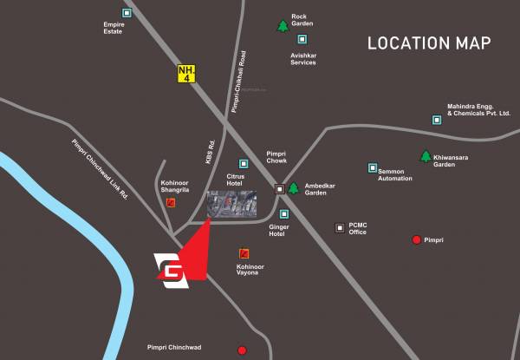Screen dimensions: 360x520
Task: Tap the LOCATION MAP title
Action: pos(429,43)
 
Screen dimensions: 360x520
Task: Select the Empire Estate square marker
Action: pos(127,13)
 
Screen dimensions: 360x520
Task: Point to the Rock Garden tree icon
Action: pos(283,26)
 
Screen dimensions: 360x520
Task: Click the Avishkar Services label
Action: pos(303,57)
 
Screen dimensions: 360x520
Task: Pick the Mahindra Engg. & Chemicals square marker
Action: pos(438,120)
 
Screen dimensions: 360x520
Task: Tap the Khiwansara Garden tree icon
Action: pos(426,156)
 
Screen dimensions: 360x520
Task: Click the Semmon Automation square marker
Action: pos(374,167)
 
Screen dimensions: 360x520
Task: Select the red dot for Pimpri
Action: pos(417,239)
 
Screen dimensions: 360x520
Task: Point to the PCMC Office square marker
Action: pos(340,228)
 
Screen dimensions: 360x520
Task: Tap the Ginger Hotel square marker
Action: pos(284,214)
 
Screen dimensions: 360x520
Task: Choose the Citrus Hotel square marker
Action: pos(244,163)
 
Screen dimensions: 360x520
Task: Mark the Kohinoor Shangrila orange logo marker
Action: pos(171,203)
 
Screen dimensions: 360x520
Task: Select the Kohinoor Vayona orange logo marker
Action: pos(244,253)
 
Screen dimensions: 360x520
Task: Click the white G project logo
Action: pos(170,269)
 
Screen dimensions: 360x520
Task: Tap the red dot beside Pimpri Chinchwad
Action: pos(242,350)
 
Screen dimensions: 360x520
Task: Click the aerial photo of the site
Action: pos(231,205)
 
